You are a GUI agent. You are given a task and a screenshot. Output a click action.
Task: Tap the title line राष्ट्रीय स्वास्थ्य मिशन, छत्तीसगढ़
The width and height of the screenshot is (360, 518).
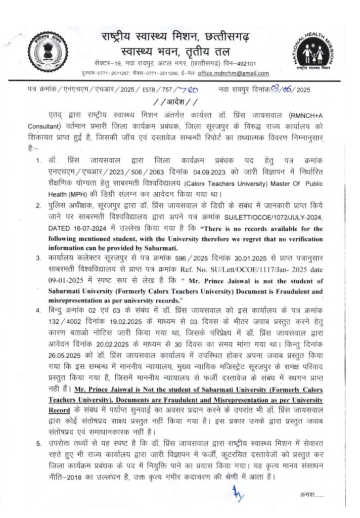pos(179,37)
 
